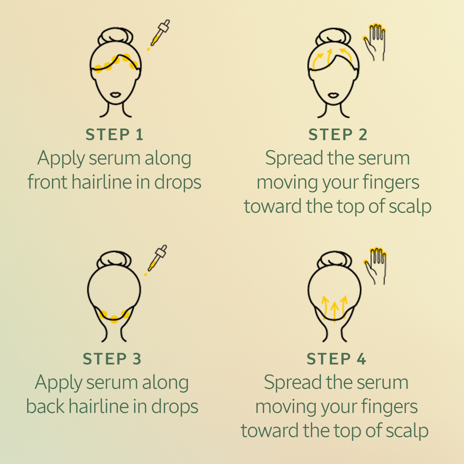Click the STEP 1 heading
pos(114,135)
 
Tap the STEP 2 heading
pos(338,135)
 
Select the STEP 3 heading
pos(112,359)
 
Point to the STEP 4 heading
pos(336,359)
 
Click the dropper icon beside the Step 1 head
pos(159,34)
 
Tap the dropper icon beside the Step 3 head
pos(157,258)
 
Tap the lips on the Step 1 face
pos(115,95)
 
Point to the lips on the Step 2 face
pos(333,95)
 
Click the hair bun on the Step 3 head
pos(114,260)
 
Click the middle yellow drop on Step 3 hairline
pos(114,319)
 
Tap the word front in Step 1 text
pos(47,182)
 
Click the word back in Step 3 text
pos(45,406)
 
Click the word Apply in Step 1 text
pos(61,159)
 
